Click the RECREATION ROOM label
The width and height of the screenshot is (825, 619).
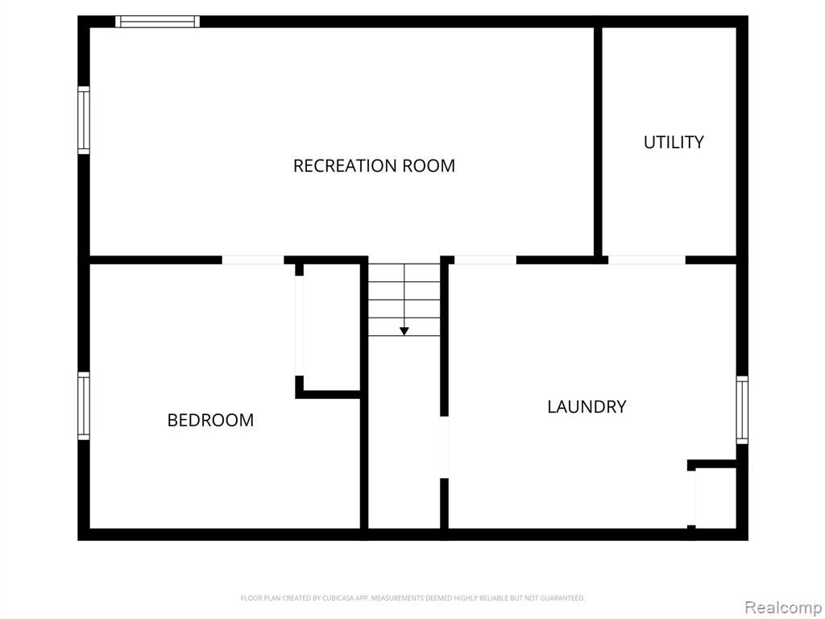pyautogui.click(x=374, y=166)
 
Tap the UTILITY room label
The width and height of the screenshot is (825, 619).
pyautogui.click(x=674, y=142)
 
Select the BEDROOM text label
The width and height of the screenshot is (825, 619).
pyautogui.click(x=210, y=420)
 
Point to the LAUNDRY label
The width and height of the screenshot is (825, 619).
pyautogui.click(x=587, y=407)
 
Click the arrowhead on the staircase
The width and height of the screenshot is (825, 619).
pyautogui.click(x=404, y=331)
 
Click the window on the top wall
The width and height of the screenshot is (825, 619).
pyautogui.click(x=157, y=22)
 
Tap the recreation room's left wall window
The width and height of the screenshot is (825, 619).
pyautogui.click(x=84, y=120)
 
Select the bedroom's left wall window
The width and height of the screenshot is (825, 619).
pyautogui.click(x=84, y=406)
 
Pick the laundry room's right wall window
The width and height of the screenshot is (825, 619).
pyautogui.click(x=742, y=410)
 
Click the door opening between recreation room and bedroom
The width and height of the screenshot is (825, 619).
pyautogui.click(x=253, y=260)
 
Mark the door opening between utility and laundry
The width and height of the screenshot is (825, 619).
pyautogui.click(x=647, y=260)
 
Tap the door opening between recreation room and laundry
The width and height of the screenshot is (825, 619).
pyautogui.click(x=485, y=260)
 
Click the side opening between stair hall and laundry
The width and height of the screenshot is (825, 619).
pyautogui.click(x=444, y=447)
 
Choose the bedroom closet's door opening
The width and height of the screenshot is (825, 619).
pyautogui.click(x=300, y=326)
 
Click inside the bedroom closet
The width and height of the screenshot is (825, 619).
pyautogui.click(x=331, y=326)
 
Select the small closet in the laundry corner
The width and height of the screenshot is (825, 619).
pyautogui.click(x=715, y=497)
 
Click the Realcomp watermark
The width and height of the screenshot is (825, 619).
pyautogui.click(x=784, y=608)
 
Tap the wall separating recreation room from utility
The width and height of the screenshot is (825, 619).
pyautogui.click(x=598, y=142)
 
